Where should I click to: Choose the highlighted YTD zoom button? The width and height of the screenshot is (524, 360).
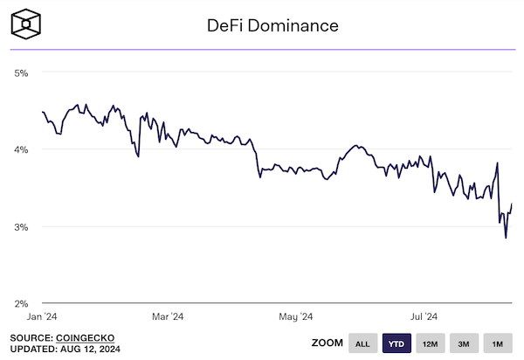[397, 343]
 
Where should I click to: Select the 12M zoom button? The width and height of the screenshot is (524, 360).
[431, 343]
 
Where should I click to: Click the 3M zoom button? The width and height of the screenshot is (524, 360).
[464, 343]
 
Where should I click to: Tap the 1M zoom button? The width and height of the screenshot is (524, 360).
[497, 343]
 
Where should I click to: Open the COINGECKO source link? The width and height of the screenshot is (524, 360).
[86, 337]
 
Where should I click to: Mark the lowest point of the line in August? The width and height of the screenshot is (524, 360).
[506, 237]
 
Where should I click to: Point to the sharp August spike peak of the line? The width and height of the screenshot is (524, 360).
[498, 163]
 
